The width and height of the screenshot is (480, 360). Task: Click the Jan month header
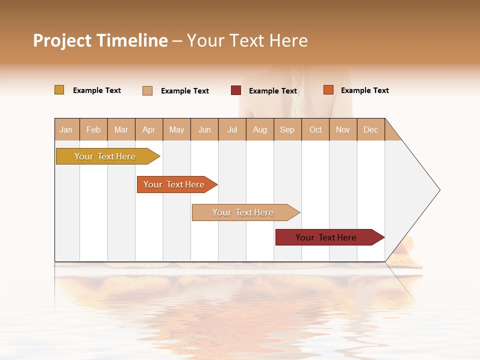point(66,129)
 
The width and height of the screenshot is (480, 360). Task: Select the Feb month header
point(93,129)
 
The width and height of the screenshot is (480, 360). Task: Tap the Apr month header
point(148,129)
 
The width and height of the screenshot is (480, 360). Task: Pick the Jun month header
point(204,129)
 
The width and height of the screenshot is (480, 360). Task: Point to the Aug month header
point(259,129)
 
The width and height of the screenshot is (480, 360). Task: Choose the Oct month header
point(315,129)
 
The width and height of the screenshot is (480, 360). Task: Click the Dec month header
point(370,129)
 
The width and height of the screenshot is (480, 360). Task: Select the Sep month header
point(287,129)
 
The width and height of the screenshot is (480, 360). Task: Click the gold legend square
point(59,90)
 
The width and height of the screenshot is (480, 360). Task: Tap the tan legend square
point(147,90)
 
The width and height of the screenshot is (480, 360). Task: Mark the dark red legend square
point(236,90)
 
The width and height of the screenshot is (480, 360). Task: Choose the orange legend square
point(328,90)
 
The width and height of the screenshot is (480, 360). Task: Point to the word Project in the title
point(62,41)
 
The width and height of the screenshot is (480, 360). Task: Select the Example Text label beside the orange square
point(364,90)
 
